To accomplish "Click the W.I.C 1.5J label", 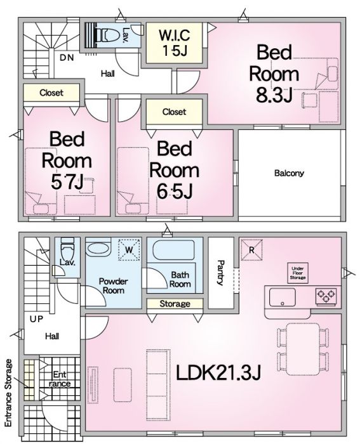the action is (175, 42).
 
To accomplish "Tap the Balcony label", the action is (289, 173).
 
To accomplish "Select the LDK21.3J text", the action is (218, 373).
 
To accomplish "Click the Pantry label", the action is (221, 273).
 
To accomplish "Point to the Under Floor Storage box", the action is (298, 273).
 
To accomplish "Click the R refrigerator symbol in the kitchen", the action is (251, 250).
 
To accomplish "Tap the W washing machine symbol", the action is (130, 250).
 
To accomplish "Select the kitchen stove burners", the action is (326, 296).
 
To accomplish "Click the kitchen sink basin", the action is (282, 297).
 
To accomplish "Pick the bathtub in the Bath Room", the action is (173, 250).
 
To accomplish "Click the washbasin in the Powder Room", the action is (98, 249).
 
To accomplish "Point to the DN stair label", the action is (67, 58).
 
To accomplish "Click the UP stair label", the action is (37, 319).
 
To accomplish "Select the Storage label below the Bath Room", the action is (175, 304).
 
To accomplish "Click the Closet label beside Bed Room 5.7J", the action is (51, 93).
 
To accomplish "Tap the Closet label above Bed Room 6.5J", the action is (174, 112).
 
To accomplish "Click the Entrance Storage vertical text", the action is (9, 393).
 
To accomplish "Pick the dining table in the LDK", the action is (303, 349).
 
